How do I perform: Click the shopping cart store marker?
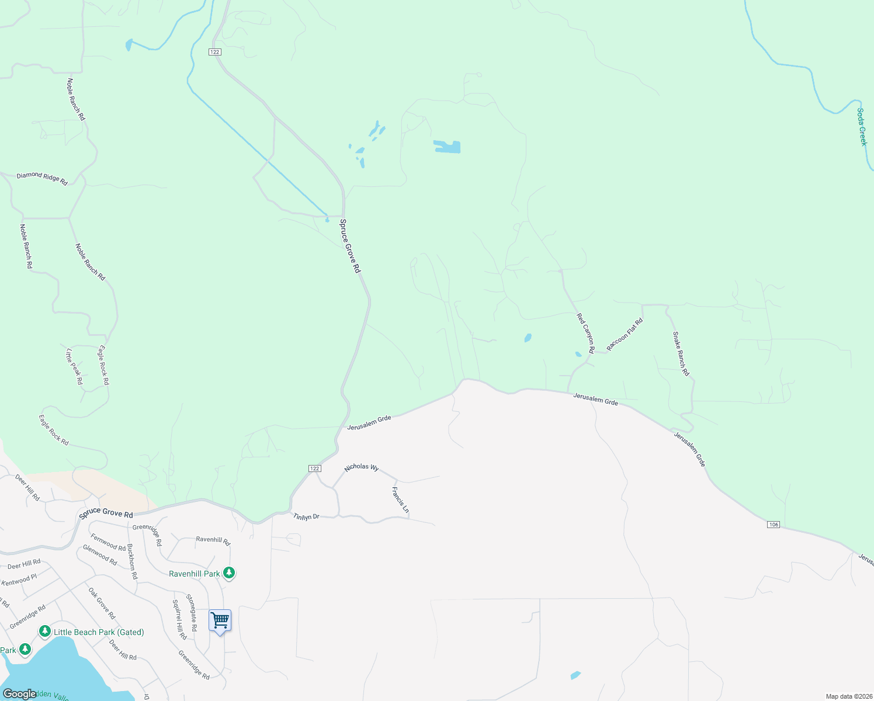pyautogui.click(x=220, y=620)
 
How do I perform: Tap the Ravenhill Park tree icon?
pyautogui.click(x=230, y=573)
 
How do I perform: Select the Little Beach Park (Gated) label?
pyautogui.click(x=98, y=632)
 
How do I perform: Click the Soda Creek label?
pyautogui.click(x=862, y=127)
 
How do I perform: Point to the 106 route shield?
pyautogui.click(x=774, y=525)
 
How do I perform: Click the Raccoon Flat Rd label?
pyautogui.click(x=625, y=334)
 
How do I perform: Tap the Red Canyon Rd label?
pyautogui.click(x=585, y=333)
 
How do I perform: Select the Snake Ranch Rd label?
pyautogui.click(x=681, y=353)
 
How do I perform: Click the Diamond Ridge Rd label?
pyautogui.click(x=42, y=178)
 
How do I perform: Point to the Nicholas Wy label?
pyautogui.click(x=361, y=467)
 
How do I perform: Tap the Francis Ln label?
pyautogui.click(x=400, y=500)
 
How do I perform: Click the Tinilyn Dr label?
pyautogui.click(x=306, y=516)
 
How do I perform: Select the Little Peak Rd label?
pyautogui.click(x=74, y=366)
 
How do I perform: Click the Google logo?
pyautogui.click(x=19, y=694)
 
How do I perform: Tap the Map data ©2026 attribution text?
pyautogui.click(x=848, y=696)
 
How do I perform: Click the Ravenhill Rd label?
pyautogui.click(x=213, y=540)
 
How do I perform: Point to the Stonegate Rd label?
pyautogui.click(x=192, y=612)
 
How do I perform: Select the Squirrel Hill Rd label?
pyautogui.click(x=179, y=619)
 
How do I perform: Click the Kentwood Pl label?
pyautogui.click(x=19, y=580)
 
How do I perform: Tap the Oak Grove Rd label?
pyautogui.click(x=102, y=603)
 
